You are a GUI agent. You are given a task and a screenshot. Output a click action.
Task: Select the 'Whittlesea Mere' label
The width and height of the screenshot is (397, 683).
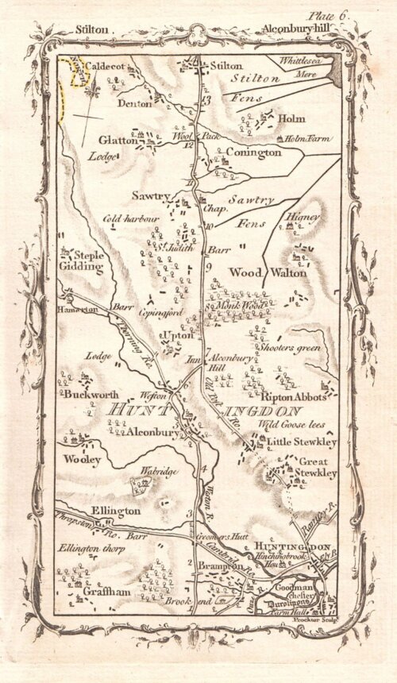tap(305, 65)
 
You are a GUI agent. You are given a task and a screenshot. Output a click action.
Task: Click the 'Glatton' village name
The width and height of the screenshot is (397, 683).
tap(116, 141)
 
